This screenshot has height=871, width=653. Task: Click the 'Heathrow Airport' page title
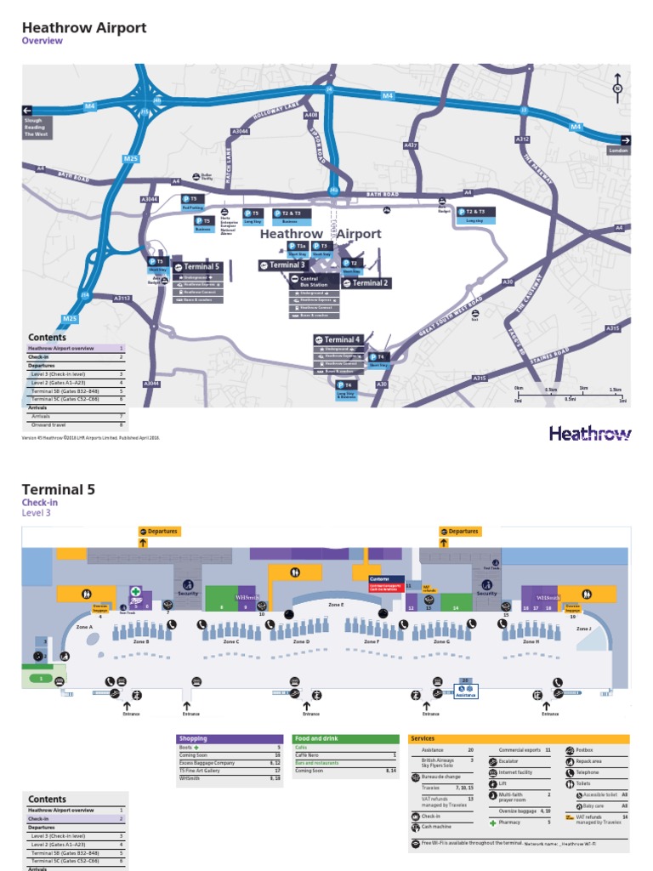[83, 28]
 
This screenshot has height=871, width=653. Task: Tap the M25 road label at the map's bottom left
[71, 318]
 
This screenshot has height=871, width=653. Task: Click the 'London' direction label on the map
[618, 150]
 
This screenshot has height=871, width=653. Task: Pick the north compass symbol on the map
[618, 87]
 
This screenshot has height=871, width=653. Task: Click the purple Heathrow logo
[590, 434]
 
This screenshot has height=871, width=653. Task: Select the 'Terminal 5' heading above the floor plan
[58, 489]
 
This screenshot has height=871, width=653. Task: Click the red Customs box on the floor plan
[385, 583]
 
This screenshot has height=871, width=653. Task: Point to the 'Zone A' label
[83, 627]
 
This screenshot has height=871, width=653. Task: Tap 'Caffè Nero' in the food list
[309, 754]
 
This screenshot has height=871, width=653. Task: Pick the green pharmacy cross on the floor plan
[135, 591]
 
